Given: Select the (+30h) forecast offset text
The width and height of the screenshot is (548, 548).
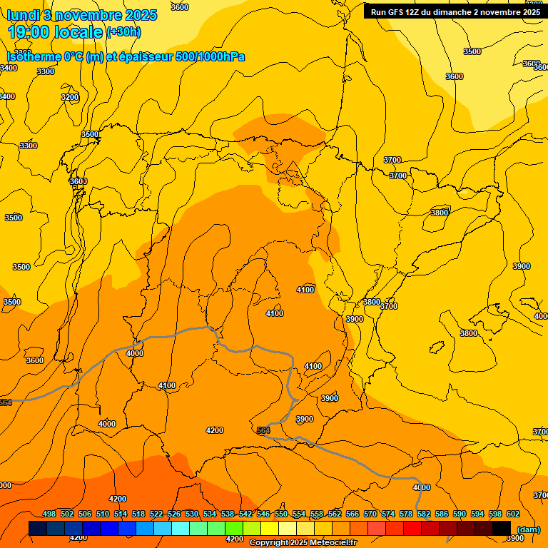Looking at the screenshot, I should pyautogui.click(x=123, y=32).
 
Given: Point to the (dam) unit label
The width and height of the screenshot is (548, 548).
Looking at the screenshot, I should pyautogui.click(x=529, y=529).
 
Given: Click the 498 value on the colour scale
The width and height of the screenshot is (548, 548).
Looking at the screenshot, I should pyautogui.click(x=49, y=514).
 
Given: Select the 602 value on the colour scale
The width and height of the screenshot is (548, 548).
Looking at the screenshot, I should pyautogui.click(x=513, y=514).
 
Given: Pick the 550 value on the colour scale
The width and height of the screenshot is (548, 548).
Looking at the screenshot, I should pyautogui.click(x=281, y=514).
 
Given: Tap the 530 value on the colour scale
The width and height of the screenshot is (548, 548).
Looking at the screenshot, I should pyautogui.click(x=192, y=514).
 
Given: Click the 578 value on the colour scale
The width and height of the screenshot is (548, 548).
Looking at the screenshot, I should pyautogui.click(x=406, y=514).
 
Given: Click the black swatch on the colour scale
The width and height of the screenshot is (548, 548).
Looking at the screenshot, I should pyautogui.click(x=502, y=528).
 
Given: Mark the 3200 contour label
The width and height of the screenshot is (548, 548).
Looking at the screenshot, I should pyautogui.click(x=70, y=97).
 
